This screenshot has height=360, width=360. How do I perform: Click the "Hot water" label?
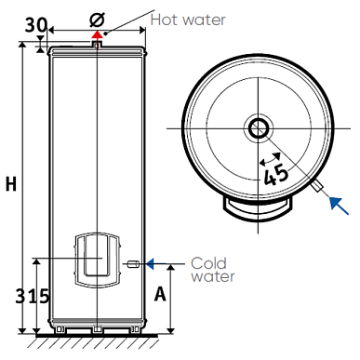click(x=188, y=20)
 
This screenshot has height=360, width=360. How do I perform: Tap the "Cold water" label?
click(x=213, y=270)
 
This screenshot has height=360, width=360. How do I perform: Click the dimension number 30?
click(x=36, y=25)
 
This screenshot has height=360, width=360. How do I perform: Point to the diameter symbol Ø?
click(x=97, y=20)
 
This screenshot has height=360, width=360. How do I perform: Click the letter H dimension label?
click(x=11, y=184)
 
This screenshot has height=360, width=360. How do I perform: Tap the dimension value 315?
click(x=33, y=296)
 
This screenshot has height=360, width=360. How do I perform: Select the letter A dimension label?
click(x=160, y=294)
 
